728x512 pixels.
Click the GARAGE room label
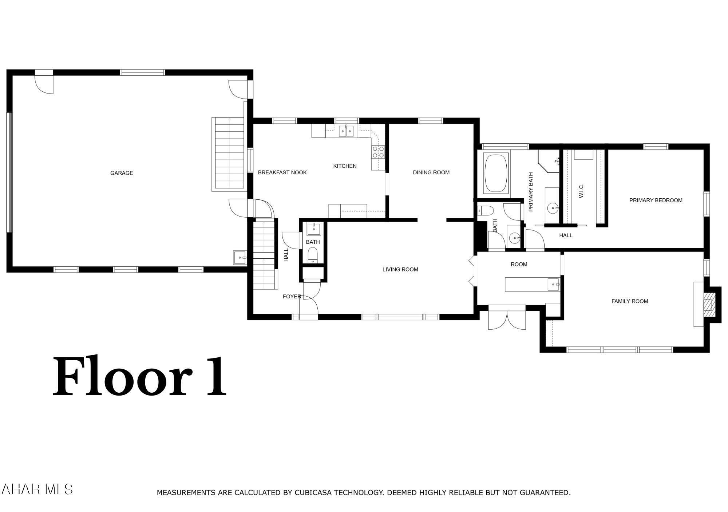point(122,173)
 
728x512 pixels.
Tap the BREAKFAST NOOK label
point(282,172)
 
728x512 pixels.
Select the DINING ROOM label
point(431,172)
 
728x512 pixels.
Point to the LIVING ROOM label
point(400,269)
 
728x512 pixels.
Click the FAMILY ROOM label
point(630,301)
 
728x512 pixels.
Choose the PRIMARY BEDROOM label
point(656,200)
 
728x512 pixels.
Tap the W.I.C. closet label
point(581,191)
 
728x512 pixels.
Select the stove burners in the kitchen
point(378,152)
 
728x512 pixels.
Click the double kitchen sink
point(346,131)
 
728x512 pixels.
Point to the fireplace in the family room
point(708,305)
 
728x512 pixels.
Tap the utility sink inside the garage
point(240,258)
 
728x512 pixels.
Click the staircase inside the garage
point(229,154)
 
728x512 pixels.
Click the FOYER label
point(292,297)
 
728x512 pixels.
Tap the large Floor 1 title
point(140,377)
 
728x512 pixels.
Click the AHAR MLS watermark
point(37,489)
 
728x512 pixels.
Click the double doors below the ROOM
point(507,319)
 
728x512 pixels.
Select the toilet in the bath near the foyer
point(313,255)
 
